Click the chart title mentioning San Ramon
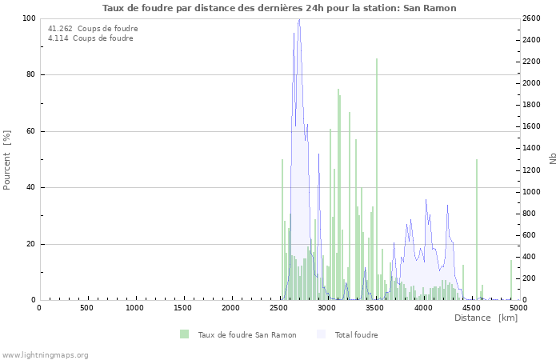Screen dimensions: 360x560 279,8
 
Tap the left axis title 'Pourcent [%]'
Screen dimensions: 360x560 7,159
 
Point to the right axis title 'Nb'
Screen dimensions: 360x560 552,159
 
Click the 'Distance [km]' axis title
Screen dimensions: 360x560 486,318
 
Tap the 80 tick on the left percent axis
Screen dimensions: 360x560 30,74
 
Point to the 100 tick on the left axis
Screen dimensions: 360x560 28,18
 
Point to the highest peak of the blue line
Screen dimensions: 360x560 298,19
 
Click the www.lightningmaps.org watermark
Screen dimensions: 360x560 45,354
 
